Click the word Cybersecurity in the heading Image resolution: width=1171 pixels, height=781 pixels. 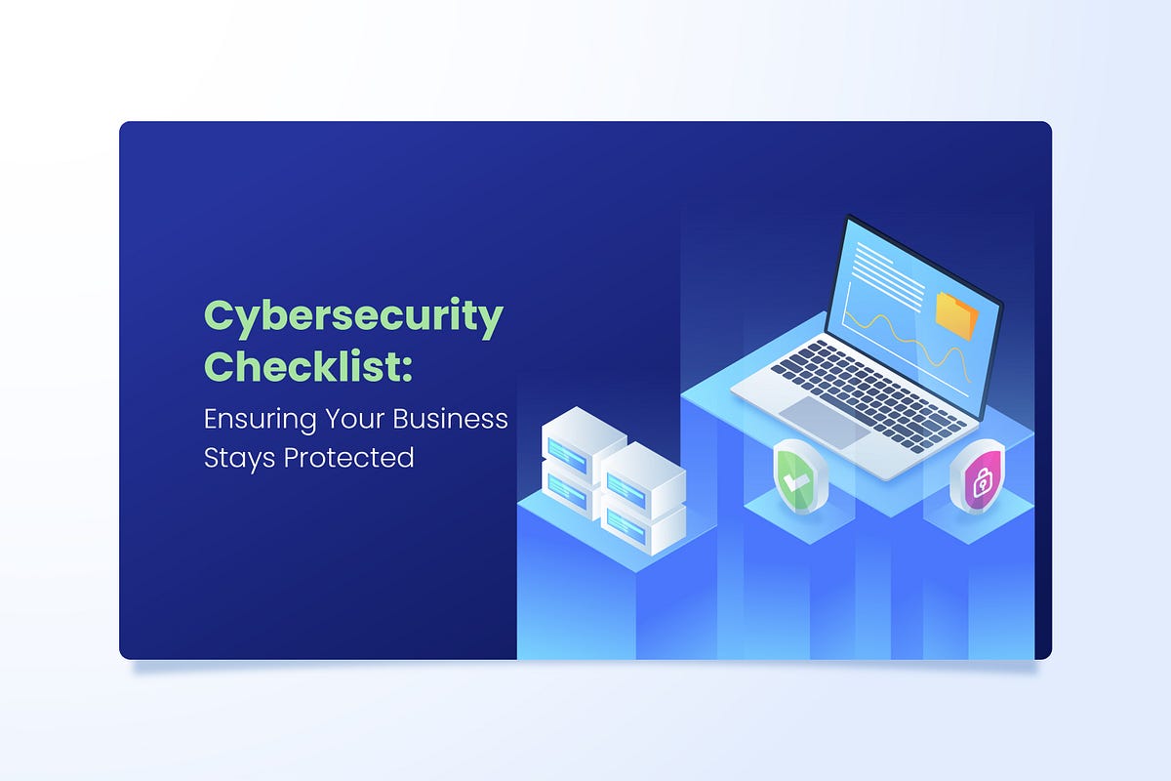(x=353, y=317)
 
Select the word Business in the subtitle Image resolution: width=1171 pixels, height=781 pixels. (x=450, y=419)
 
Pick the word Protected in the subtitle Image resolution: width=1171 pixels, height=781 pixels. (x=348, y=457)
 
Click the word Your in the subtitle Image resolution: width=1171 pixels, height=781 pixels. (x=354, y=419)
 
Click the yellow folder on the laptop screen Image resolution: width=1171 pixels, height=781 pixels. (x=956, y=315)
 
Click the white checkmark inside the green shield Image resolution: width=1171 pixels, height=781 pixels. (x=795, y=479)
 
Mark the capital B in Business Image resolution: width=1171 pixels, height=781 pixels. (x=401, y=419)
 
